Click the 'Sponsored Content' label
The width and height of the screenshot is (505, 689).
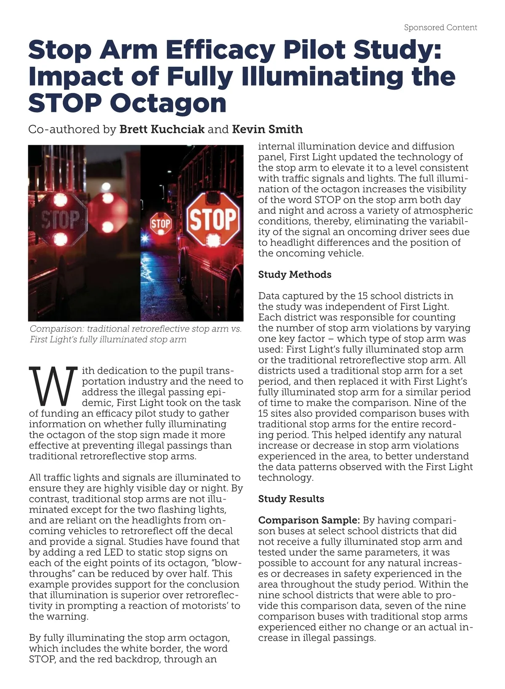click(440, 28)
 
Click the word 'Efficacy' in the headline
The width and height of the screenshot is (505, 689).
click(220, 50)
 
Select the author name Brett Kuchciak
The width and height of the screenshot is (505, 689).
click(162, 129)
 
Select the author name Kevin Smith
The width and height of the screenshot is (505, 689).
click(267, 129)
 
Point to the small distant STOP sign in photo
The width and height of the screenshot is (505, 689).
click(161, 224)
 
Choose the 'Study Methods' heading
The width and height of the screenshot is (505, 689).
click(295, 275)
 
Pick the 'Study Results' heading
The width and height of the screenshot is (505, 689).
click(291, 499)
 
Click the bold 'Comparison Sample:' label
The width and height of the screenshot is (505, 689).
click(309, 520)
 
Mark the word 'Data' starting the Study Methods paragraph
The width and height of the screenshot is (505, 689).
click(268, 296)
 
